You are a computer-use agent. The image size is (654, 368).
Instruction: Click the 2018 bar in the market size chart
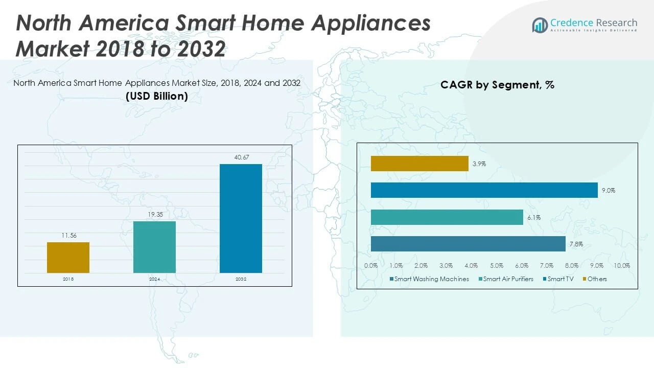click(x=68, y=258)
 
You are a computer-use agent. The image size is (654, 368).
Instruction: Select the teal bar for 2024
click(x=154, y=247)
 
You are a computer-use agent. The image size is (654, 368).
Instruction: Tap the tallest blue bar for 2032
click(x=241, y=218)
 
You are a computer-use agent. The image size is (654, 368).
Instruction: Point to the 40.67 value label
click(x=241, y=157)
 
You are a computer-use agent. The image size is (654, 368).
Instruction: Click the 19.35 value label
click(x=154, y=215)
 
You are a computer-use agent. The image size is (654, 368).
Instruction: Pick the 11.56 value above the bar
click(x=68, y=236)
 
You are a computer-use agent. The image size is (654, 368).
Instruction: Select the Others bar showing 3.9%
click(x=419, y=164)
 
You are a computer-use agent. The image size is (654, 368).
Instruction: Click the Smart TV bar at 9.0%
click(x=484, y=190)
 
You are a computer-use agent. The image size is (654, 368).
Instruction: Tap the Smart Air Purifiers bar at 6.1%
click(x=447, y=217)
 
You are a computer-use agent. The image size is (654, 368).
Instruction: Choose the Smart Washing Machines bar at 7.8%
click(x=468, y=244)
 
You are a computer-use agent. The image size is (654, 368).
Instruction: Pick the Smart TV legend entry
click(x=560, y=279)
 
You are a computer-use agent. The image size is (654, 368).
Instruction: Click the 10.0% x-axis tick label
click(x=622, y=266)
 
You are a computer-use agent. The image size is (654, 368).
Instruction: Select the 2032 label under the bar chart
click(x=241, y=279)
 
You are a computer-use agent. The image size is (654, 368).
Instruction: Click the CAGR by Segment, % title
click(x=497, y=85)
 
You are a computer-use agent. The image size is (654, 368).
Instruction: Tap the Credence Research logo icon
click(x=540, y=25)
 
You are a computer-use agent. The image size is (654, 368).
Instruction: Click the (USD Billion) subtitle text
click(x=156, y=96)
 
